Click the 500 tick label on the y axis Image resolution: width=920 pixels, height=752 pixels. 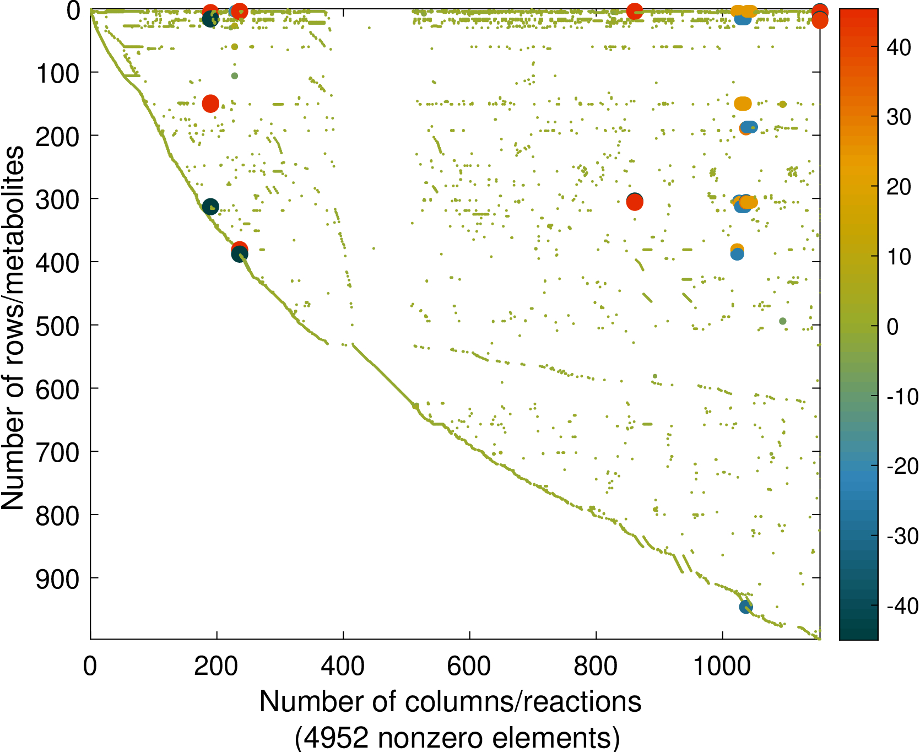(x=58, y=326)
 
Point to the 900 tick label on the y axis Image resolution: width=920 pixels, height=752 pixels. (x=58, y=579)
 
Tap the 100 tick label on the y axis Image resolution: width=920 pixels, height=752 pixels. (x=58, y=74)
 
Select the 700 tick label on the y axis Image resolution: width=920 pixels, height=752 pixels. (x=58, y=453)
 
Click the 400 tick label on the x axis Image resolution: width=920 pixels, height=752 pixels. (x=343, y=667)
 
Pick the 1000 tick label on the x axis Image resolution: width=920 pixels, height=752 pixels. (x=722, y=667)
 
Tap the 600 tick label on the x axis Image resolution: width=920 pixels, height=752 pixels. (x=469, y=667)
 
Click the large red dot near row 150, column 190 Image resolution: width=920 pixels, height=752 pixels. (x=210, y=103)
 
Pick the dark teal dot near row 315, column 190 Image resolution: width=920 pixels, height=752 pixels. (x=210, y=207)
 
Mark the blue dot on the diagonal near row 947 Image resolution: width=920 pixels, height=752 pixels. (x=746, y=607)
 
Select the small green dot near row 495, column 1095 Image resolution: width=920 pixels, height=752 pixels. (x=782, y=321)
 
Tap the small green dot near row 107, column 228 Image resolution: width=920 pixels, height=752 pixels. (x=235, y=76)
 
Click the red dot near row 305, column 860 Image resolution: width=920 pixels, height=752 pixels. (x=635, y=202)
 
